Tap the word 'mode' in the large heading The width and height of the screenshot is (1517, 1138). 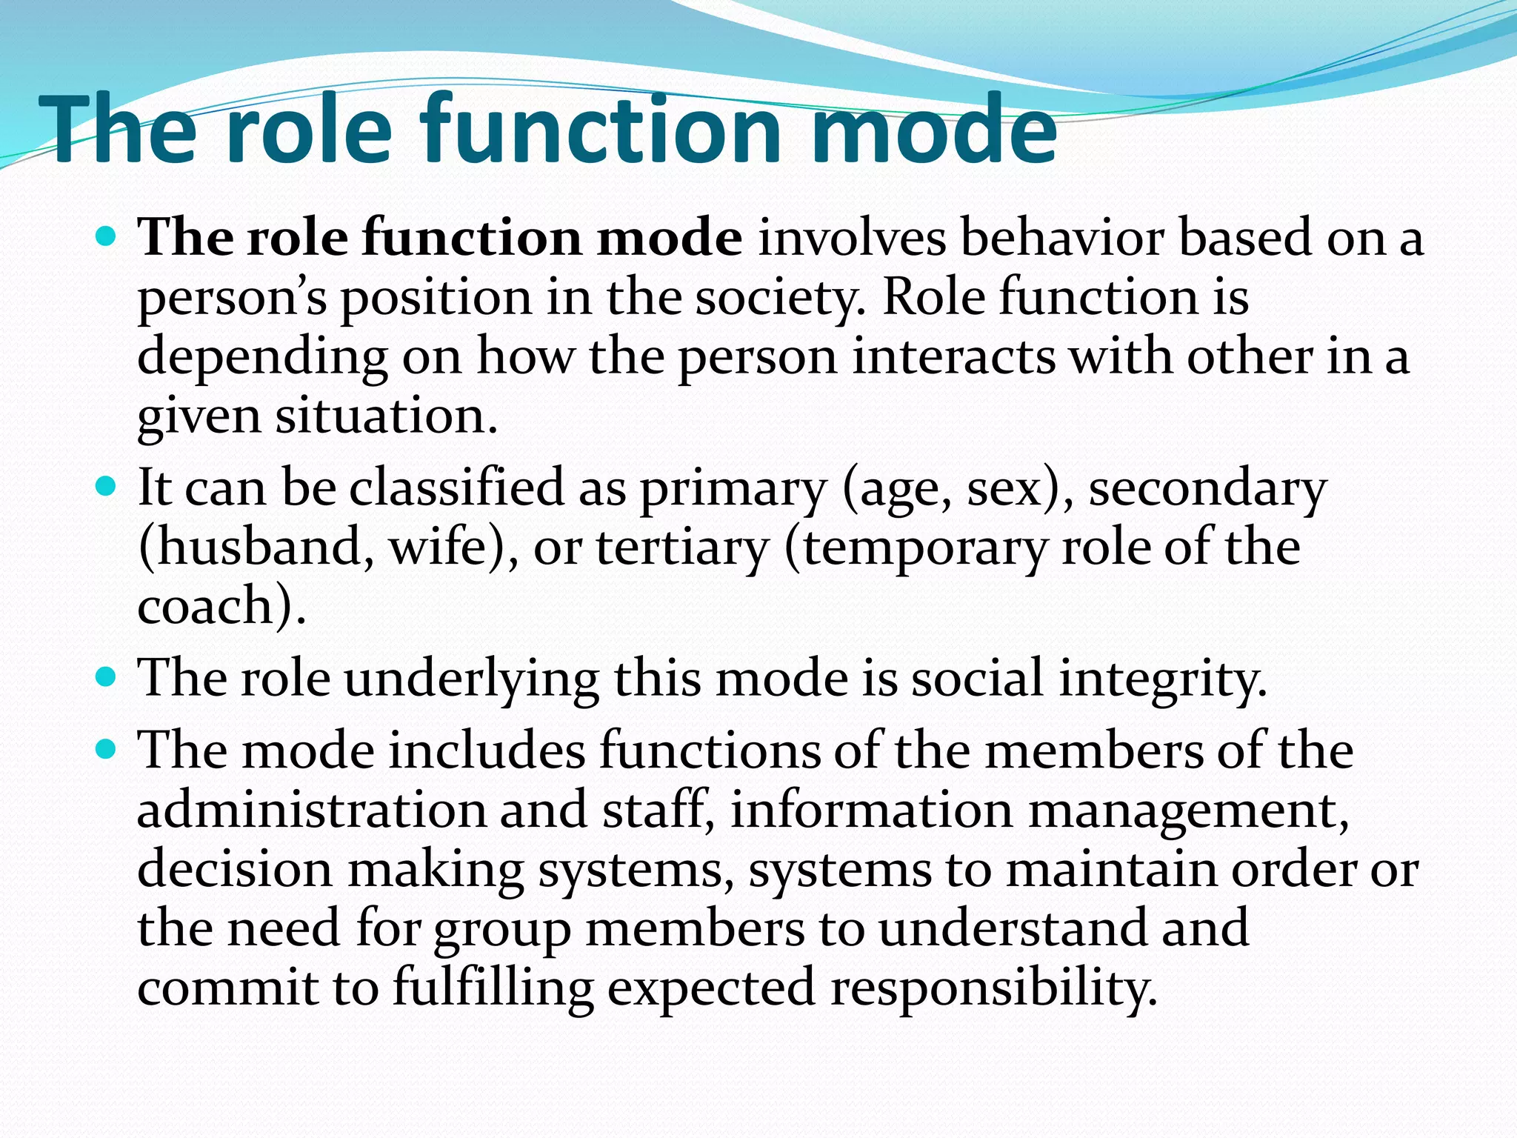tap(933, 130)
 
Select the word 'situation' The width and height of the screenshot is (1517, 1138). tap(386, 416)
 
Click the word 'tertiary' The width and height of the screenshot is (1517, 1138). tap(682, 548)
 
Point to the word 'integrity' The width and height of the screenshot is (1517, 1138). tap(1162, 679)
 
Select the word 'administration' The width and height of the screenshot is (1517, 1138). tap(310, 810)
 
